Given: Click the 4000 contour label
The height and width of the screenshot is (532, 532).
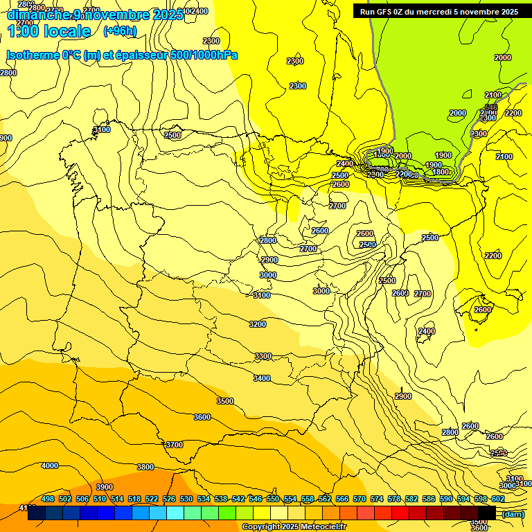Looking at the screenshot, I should click(50, 465).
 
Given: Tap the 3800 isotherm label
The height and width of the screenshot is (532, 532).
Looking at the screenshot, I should click(145, 467).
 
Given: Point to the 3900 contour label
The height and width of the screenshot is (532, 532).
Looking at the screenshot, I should click(105, 487).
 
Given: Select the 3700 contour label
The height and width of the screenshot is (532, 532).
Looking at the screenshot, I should click(175, 445).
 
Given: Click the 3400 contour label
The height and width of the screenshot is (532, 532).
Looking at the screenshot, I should click(262, 378).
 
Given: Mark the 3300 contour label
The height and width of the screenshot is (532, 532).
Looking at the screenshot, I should click(263, 356).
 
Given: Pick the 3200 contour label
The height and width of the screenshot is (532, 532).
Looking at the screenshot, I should click(258, 324).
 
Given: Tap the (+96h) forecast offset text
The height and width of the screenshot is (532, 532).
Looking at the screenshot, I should click(120, 30).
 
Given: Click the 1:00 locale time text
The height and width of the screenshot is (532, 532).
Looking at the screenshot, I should click(49, 31).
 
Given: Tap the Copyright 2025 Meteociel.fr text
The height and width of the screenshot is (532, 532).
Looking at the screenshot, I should click(294, 527).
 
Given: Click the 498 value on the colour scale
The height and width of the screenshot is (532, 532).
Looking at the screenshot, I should click(48, 499).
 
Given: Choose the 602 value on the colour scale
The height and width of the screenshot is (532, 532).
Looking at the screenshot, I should click(498, 499).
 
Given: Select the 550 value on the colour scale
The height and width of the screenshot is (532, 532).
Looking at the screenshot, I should click(273, 499).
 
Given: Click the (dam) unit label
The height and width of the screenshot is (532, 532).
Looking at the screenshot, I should click(513, 513).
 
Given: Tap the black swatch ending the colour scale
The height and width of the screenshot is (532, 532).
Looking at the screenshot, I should click(487, 513).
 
